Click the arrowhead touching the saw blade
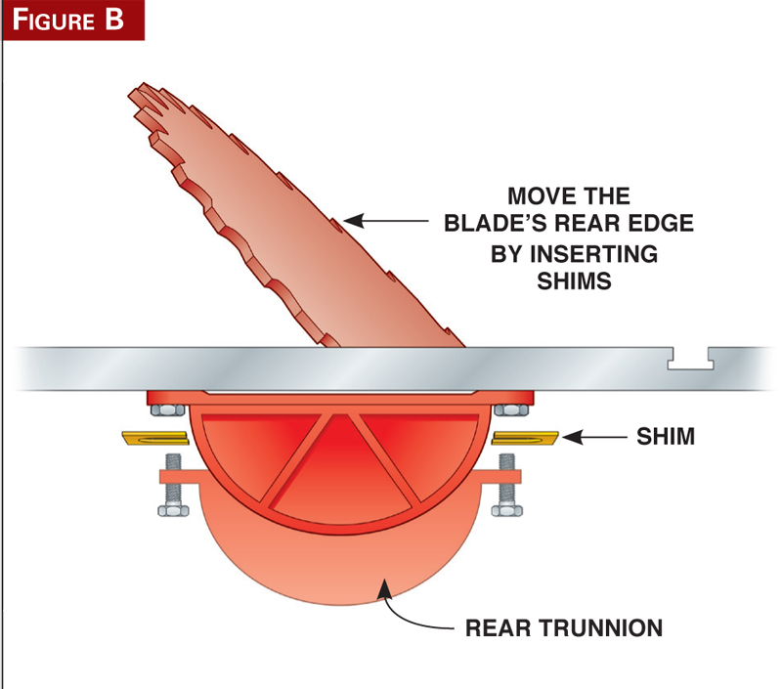353,224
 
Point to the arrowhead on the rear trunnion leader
386,584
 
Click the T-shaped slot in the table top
691,364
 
